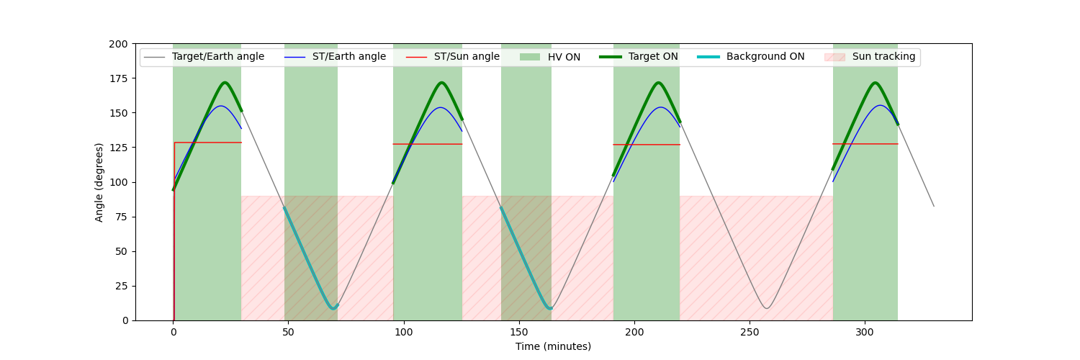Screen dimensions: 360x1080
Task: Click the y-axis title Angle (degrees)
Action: point(99,182)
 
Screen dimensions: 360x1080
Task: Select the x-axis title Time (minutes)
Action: point(553,346)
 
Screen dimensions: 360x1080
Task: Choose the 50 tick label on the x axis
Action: point(289,333)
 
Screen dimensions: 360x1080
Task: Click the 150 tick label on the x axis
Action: point(519,333)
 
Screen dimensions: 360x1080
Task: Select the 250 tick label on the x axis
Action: point(750,333)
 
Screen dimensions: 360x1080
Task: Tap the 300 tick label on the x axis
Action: point(865,333)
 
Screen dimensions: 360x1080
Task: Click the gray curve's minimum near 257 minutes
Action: point(766,309)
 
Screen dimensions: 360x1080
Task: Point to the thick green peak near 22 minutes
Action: point(225,83)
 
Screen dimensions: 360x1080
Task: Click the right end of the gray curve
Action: point(934,207)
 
